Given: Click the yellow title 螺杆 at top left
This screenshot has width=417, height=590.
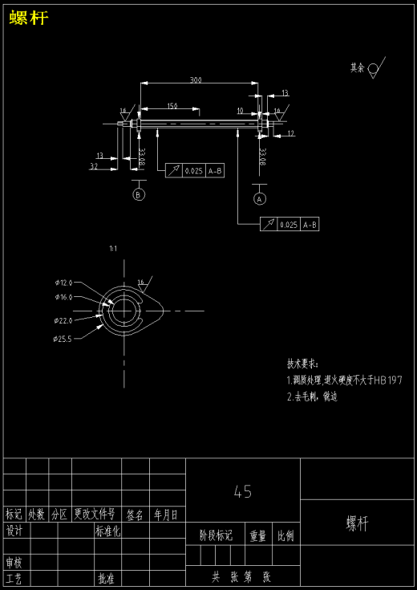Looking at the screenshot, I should tap(29, 18).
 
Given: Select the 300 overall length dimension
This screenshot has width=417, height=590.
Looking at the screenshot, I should tap(196, 79).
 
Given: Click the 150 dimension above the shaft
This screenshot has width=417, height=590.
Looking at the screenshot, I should tap(172, 106).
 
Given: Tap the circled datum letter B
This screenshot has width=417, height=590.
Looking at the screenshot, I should tap(139, 194).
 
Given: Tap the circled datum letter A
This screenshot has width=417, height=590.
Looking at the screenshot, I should tap(259, 197).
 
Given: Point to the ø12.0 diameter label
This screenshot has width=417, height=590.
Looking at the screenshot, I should tap(63, 283).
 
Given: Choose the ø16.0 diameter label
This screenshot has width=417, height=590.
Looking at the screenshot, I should tap(63, 297).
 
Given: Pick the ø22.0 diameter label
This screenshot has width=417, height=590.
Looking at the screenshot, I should tap(63, 320).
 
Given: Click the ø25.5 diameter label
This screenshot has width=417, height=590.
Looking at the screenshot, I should tap(63, 339).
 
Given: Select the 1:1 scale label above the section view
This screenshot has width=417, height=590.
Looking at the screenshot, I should tap(113, 249).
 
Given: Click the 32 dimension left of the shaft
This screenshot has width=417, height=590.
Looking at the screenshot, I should tap(93, 166).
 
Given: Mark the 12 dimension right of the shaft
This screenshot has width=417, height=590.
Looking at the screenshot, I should tap(290, 133).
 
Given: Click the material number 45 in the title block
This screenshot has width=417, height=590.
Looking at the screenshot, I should tap(242, 491).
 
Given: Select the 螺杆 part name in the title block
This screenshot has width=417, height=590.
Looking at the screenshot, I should tap(358, 524).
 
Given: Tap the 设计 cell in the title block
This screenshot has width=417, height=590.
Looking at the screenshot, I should tap(14, 531).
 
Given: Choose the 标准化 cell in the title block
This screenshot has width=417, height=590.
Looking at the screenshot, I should tap(107, 531).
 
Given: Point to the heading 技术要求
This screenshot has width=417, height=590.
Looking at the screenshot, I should tap(302, 364).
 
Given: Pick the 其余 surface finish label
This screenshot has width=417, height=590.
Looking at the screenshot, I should tap(357, 68).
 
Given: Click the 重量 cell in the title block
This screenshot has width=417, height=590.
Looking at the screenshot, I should tap(257, 535).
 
